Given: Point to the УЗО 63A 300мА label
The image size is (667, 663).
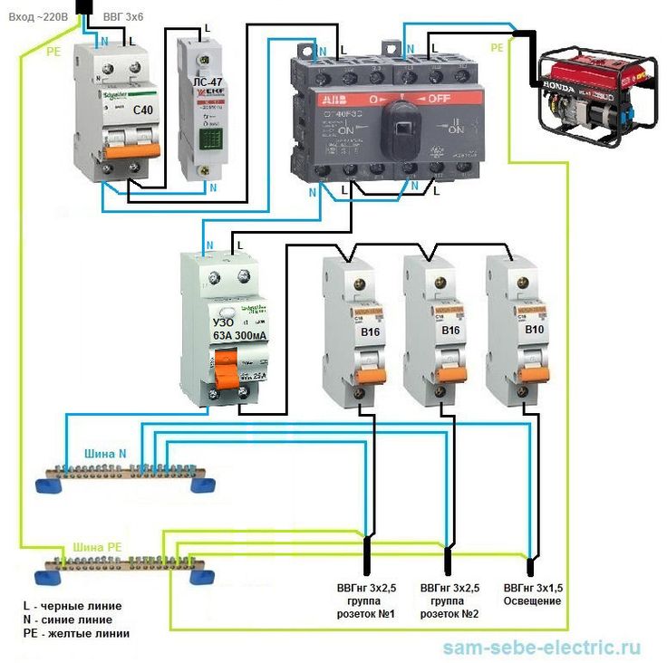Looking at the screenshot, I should (238, 329).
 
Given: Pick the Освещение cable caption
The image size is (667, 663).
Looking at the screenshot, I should (533, 601).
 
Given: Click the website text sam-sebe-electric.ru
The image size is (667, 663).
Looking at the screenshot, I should (542, 648).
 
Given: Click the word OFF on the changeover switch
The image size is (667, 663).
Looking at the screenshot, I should (439, 97).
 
